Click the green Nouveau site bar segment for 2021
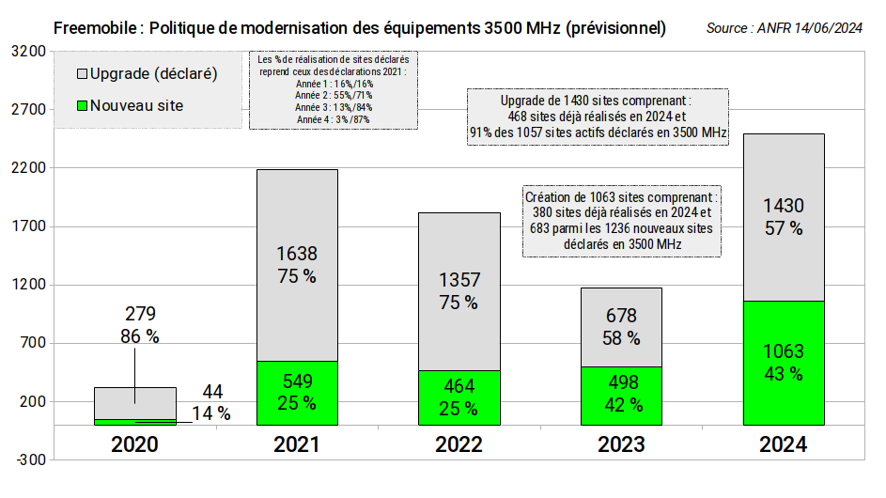pos(297,393)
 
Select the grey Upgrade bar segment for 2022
pos(459,291)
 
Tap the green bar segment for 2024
pos(783,363)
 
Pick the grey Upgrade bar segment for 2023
pos(621,327)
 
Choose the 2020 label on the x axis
pos(134,444)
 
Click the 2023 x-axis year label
pos(621,444)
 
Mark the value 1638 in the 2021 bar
pos(297,253)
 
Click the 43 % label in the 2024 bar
pos(783,374)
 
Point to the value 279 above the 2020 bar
pos(138,313)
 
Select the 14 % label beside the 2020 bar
pos(210,413)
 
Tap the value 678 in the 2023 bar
pos(621,317)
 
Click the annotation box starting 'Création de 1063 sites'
pos(622,221)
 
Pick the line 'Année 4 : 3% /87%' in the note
pos(333,119)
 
